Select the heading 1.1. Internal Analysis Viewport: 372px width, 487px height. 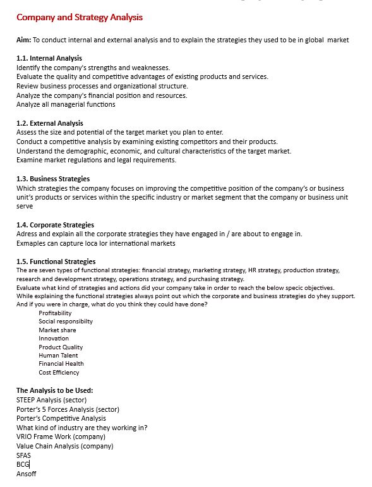pos(49,58)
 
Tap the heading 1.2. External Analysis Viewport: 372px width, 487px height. pos(50,123)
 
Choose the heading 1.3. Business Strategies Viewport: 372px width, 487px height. pos(53,179)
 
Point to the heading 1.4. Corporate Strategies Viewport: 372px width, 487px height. pos(55,225)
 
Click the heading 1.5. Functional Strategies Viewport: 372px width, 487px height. pos(56,262)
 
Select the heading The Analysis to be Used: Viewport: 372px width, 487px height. pos(54,390)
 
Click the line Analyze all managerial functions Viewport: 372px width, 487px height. pos(66,104)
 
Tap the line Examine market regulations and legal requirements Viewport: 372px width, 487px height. pos(96,160)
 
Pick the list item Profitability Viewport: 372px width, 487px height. pos(55,313)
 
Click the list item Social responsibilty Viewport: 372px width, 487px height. pos(66,322)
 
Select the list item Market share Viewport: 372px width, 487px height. pos(57,330)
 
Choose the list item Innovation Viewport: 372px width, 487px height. pos(54,339)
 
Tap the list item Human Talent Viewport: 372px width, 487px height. pos(58,356)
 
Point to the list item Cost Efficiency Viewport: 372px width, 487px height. pos(59,373)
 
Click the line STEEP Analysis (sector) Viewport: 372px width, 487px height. pos(51,400)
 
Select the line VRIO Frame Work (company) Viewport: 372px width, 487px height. pos(61,436)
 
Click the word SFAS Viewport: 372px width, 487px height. pos(23,455)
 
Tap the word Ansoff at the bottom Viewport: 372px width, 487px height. pos(26,474)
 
